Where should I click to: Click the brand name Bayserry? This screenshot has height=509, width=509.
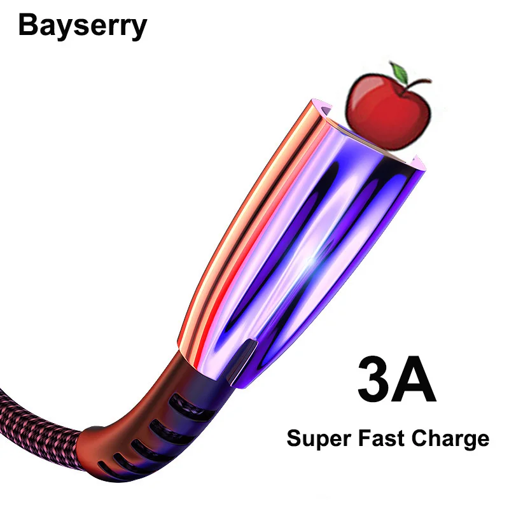[83, 27]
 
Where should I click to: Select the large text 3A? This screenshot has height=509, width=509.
[396, 380]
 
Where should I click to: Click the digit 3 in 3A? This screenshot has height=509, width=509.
[372, 380]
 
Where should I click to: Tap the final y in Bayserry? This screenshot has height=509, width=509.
[139, 29]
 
